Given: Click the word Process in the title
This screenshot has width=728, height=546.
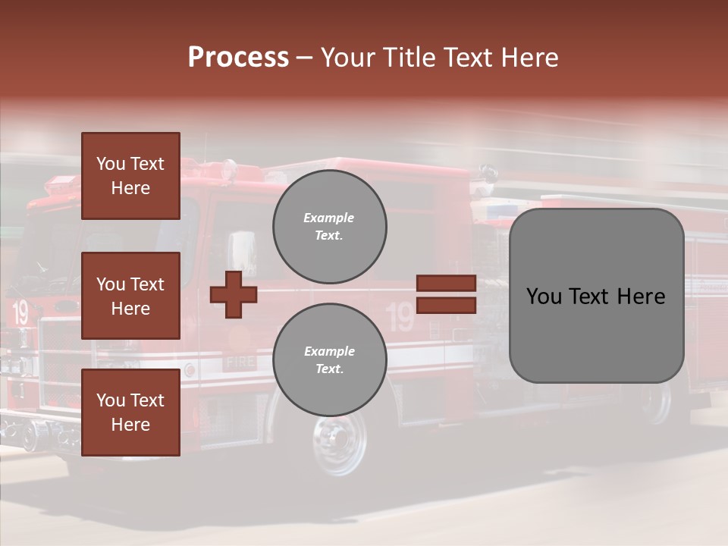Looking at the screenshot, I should click(x=238, y=58).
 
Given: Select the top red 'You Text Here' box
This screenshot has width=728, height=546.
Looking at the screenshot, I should click(x=130, y=176).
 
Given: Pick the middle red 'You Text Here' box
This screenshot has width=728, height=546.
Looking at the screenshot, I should click(x=130, y=296).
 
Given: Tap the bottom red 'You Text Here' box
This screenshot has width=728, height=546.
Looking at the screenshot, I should click(x=130, y=413).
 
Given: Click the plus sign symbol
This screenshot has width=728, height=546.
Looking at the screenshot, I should click(x=234, y=293).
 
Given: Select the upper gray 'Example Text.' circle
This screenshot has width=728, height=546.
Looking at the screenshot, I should click(x=329, y=227).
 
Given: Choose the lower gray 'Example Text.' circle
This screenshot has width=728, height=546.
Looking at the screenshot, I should click(x=329, y=360).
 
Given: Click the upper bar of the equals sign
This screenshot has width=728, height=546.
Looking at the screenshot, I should click(x=446, y=283).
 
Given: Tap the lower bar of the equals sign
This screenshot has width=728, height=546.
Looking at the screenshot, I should click(x=446, y=306).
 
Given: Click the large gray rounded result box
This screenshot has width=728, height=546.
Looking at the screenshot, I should click(x=596, y=296).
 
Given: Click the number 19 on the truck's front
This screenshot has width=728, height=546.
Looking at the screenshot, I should click(x=20, y=312).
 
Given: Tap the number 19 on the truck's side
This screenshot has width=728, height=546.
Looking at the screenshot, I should click(x=400, y=317).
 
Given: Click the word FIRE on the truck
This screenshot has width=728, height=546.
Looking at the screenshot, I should click(x=240, y=362).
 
